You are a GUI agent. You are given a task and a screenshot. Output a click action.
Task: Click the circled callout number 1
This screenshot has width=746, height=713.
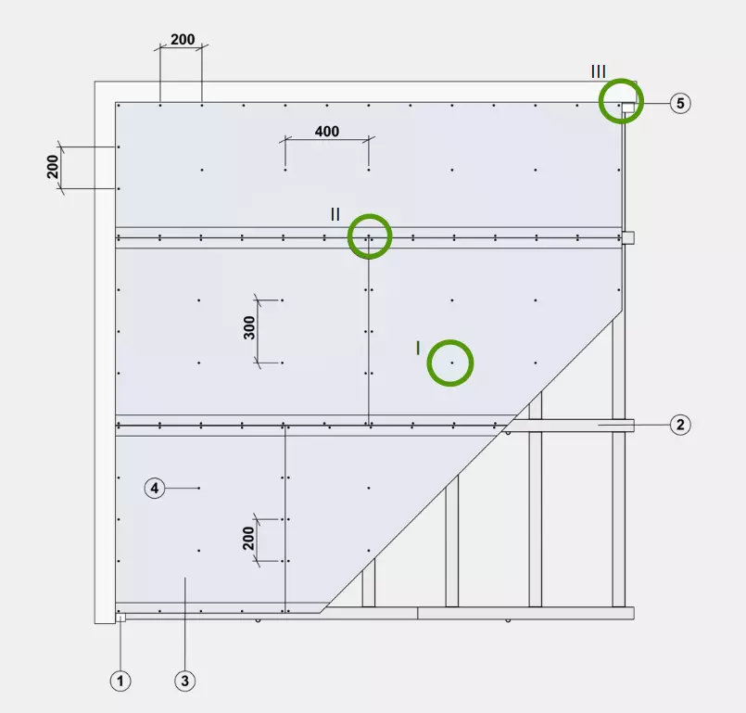[x=120, y=681]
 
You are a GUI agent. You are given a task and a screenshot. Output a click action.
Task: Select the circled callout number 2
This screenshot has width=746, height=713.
[x=680, y=424]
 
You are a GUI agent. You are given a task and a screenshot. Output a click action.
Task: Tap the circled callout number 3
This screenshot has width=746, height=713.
[x=185, y=681]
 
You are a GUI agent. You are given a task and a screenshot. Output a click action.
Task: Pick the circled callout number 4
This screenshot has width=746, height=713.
[x=155, y=488]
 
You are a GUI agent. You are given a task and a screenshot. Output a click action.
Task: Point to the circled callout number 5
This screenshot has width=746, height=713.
[x=680, y=103]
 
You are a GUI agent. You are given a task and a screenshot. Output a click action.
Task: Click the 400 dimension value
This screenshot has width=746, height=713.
[x=327, y=131]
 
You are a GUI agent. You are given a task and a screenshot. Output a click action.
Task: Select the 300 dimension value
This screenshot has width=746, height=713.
[x=249, y=328]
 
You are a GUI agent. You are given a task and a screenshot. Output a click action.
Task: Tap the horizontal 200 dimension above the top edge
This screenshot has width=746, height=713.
[x=183, y=39]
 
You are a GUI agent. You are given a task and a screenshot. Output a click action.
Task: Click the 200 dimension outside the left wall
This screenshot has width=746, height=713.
[x=52, y=167]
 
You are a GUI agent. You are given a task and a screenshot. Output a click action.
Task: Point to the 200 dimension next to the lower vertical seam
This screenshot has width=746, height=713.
[x=248, y=539]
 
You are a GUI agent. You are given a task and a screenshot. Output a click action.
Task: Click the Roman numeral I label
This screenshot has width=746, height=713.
[x=418, y=349]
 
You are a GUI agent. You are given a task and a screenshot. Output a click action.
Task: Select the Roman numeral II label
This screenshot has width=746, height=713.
[x=335, y=214]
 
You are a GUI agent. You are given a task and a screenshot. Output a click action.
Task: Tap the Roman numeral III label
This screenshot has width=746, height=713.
[x=599, y=71]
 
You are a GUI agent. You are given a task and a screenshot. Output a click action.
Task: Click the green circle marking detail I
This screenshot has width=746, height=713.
[x=450, y=340]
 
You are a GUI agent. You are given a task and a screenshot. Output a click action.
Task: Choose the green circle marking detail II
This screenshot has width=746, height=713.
[x=370, y=215]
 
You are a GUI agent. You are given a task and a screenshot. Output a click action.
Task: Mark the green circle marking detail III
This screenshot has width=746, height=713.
[x=621, y=79]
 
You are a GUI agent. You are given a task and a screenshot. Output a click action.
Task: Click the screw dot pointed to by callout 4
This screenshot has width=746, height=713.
[x=199, y=488]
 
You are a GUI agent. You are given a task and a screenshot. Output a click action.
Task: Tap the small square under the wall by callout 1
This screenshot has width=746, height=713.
[x=120, y=618]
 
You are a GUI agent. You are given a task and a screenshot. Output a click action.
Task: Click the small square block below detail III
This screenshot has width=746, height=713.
[x=628, y=237]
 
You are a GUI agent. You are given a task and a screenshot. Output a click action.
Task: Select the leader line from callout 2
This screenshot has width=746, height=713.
[x=634, y=424]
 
